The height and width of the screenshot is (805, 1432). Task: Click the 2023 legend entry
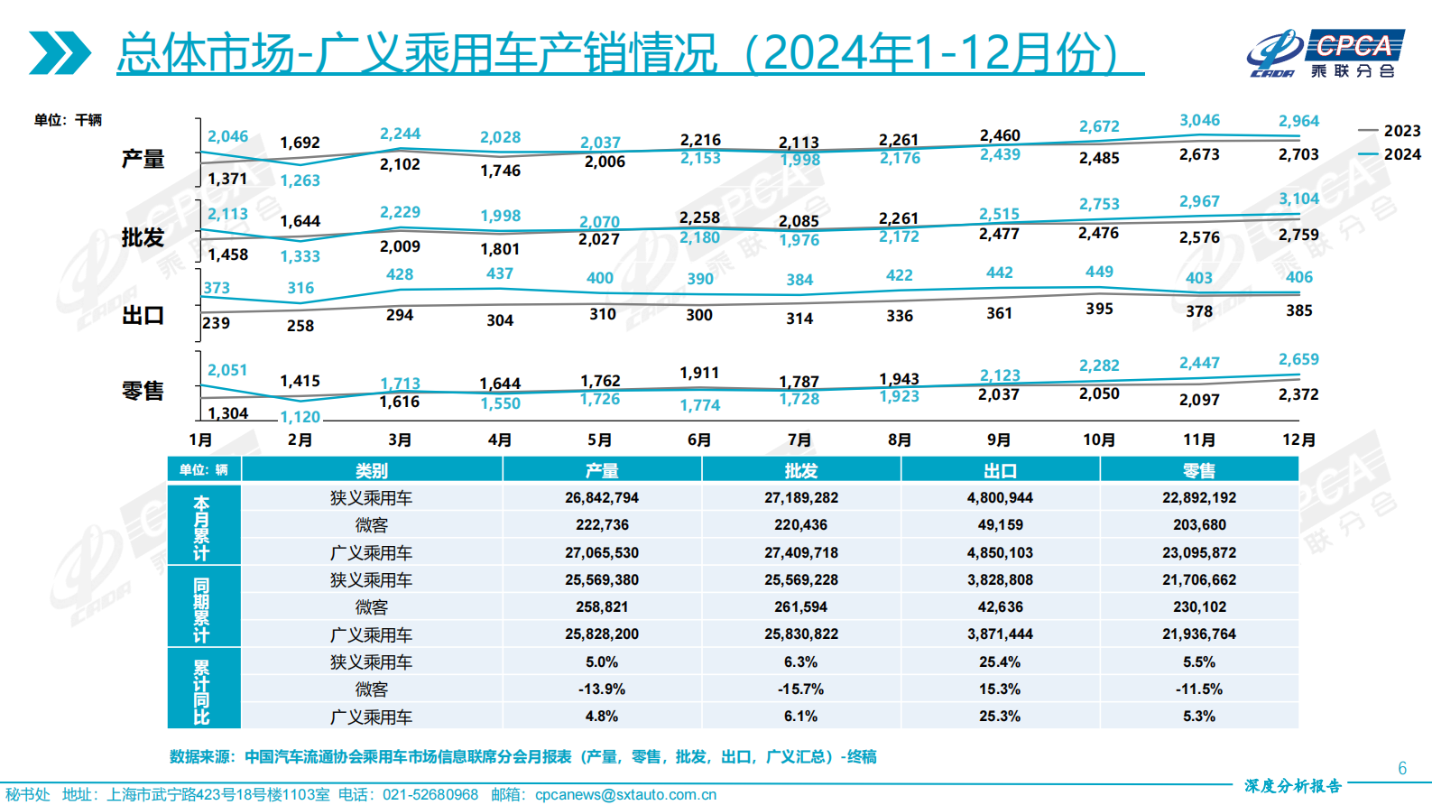tap(1390, 131)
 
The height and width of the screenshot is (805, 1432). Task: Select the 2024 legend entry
tap(1390, 154)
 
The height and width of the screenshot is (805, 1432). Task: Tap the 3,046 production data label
tap(1199, 120)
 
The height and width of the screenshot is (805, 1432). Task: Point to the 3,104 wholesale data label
tap(1298, 199)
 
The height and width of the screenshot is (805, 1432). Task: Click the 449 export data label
tap(1099, 272)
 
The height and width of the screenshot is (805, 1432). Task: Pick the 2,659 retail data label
tap(1298, 359)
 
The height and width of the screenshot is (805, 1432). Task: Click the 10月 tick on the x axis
tap(1099, 440)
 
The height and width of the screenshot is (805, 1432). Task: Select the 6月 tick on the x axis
tap(699, 440)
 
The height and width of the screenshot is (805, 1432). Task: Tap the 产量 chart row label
tap(143, 160)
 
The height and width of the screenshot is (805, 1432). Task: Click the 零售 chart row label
tap(143, 391)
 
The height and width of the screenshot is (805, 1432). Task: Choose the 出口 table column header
tap(1000, 470)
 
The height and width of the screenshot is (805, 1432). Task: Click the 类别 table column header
tap(371, 470)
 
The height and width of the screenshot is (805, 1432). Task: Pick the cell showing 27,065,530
tap(602, 552)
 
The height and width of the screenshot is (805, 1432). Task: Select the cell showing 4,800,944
tap(1000, 497)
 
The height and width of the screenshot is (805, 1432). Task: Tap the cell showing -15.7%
tap(800, 689)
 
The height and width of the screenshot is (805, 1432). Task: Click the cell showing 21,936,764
tap(1199, 634)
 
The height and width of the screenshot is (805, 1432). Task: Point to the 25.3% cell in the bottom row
tap(1000, 716)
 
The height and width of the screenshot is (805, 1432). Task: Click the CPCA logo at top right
tap(1326, 54)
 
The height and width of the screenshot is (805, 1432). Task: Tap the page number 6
tap(1402, 768)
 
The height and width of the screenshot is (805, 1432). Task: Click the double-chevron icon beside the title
tap(60, 53)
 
